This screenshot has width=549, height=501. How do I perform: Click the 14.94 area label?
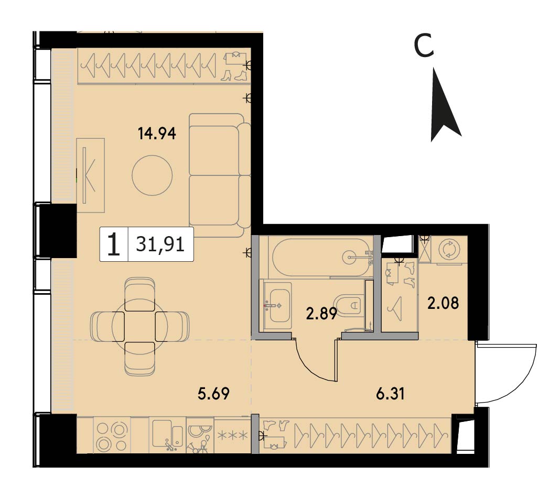(x=157, y=133)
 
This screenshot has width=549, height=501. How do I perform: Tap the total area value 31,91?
(x=160, y=244)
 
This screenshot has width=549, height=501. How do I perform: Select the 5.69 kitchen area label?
(x=213, y=394)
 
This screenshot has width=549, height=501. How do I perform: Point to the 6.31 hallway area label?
(x=391, y=394)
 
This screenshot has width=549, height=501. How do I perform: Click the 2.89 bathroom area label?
(x=321, y=314)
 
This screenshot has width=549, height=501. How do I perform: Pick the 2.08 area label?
(x=443, y=303)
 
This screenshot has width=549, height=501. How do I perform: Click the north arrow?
(x=443, y=105)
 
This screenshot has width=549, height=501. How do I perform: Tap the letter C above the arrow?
(x=424, y=46)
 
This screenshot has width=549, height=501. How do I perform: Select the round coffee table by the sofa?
(x=152, y=175)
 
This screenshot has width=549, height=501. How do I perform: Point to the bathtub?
(x=321, y=257)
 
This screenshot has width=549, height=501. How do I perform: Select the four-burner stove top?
(x=112, y=435)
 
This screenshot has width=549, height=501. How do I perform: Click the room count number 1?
(x=114, y=244)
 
